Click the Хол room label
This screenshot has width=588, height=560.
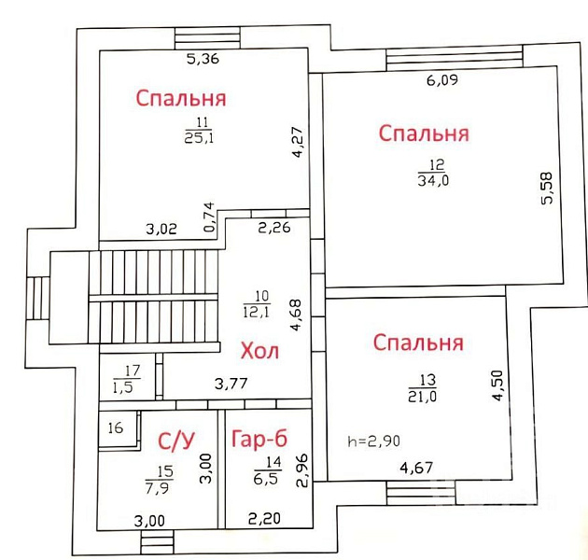tap(259, 352)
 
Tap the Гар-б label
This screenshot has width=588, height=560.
tap(259, 439)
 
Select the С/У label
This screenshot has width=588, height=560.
tap(176, 441)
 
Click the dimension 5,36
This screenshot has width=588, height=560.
tap(203, 59)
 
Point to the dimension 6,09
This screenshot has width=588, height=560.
tap(442, 80)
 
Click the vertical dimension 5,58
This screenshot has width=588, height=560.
tap(547, 188)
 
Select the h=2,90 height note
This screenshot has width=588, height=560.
tap(374, 441)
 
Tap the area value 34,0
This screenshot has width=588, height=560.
tap(433, 181)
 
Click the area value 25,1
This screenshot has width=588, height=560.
tap(199, 138)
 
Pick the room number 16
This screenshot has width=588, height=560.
tap(116, 427)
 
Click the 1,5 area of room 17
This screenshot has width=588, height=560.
tap(123, 386)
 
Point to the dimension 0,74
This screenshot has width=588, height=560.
tap(210, 217)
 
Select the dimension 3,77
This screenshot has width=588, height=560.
tap(231, 384)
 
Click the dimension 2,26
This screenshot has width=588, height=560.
tap(274, 228)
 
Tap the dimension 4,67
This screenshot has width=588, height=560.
tap(416, 468)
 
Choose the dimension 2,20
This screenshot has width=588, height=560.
tap(264, 519)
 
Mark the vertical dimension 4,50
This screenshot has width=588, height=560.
tap(497, 385)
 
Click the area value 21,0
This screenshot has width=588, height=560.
tap(423, 397)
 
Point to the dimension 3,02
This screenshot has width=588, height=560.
tap(161, 229)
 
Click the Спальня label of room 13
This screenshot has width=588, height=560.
tap(418, 343)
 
